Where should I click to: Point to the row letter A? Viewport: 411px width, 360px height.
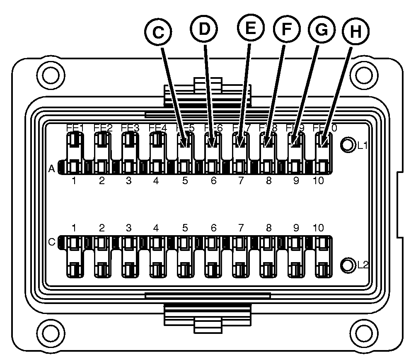point(52,168)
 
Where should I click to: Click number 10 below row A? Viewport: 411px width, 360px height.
point(318,181)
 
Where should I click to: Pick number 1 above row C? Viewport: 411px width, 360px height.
point(74,228)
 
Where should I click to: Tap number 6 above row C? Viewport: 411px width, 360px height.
point(214,228)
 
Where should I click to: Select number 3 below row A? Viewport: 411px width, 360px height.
point(129,181)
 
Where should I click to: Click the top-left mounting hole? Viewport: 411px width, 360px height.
point(51,75)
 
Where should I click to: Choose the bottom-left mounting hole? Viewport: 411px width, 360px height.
point(51,332)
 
